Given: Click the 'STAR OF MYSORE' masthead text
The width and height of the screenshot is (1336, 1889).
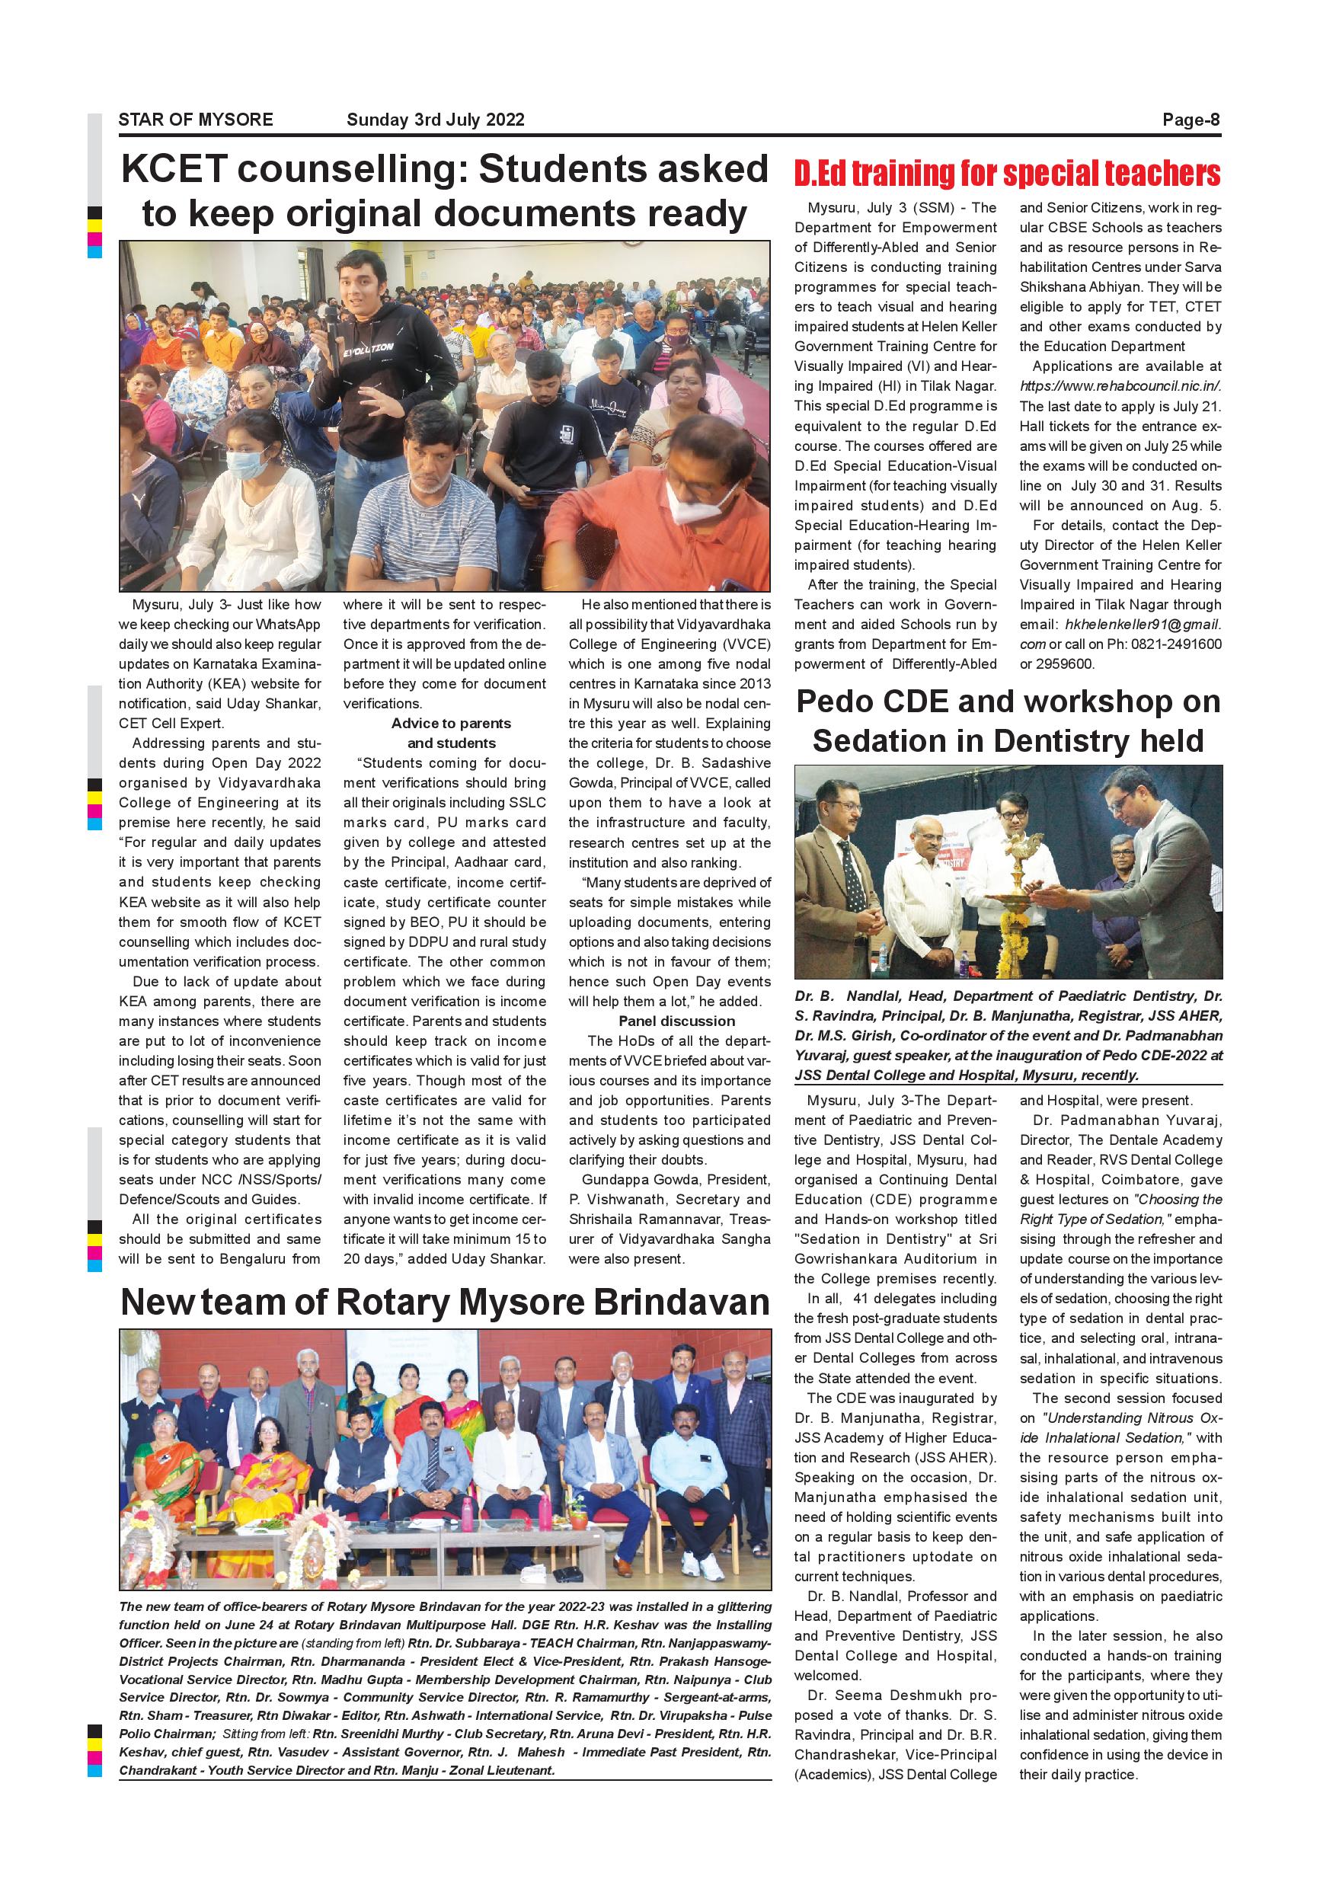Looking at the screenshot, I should click(196, 120).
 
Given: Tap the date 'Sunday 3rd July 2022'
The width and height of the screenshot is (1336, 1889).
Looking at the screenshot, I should click(435, 120).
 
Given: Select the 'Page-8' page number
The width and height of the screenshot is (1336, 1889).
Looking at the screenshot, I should click(1191, 120).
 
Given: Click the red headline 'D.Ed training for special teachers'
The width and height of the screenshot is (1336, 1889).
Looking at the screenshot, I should click(1007, 174).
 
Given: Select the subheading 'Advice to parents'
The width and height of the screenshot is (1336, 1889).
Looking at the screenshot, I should click(451, 723).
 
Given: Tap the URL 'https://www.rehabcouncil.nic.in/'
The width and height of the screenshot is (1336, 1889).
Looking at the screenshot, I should click(1120, 386).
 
